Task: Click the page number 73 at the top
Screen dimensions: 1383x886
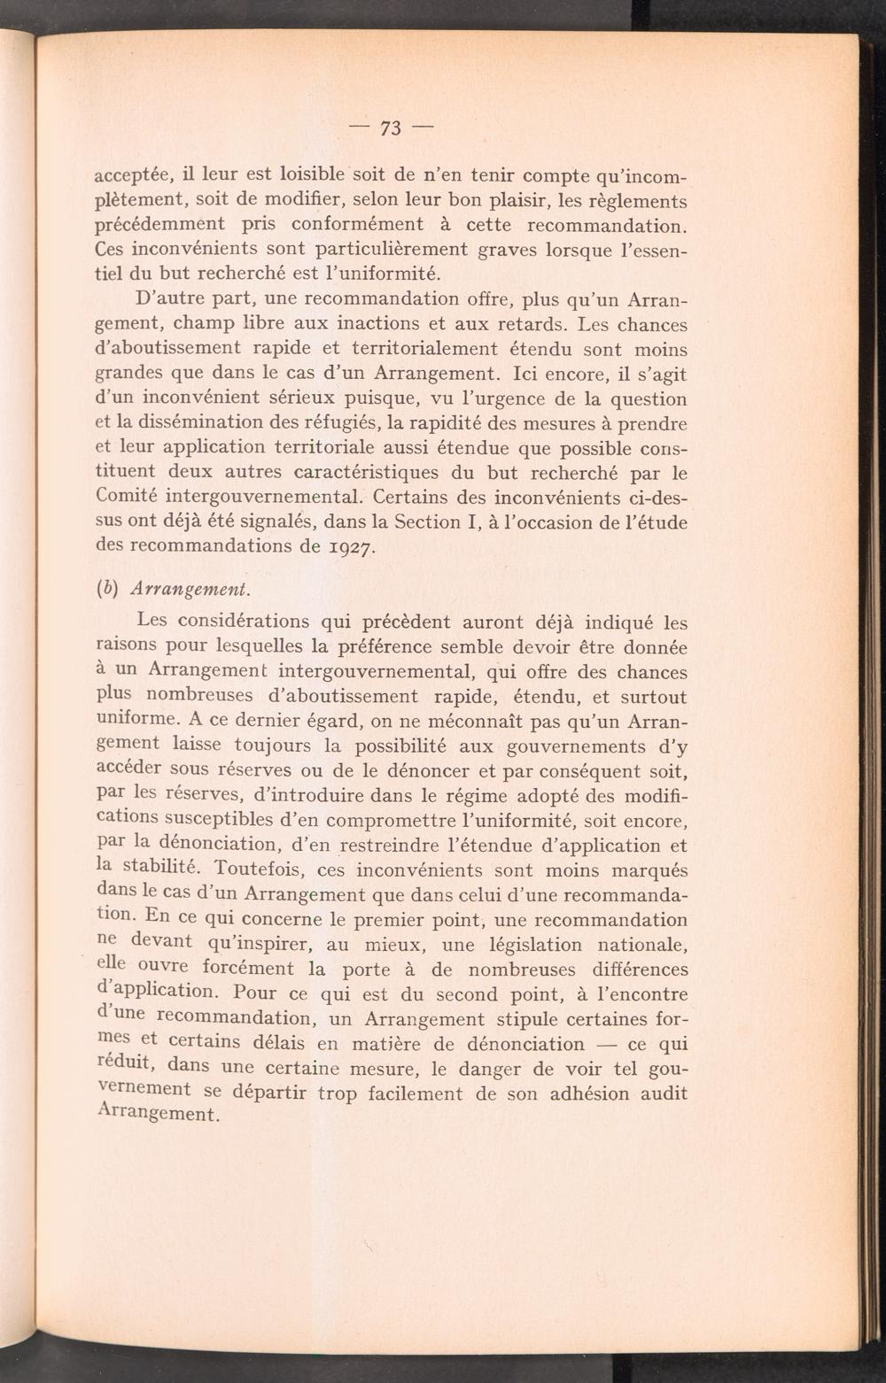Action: [391, 128]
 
